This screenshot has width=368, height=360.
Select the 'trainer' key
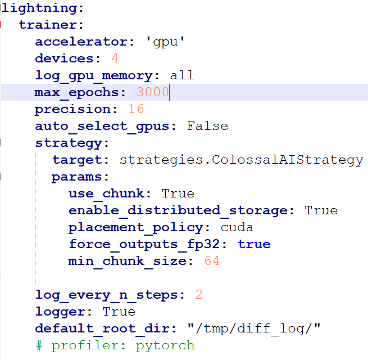coord(48,25)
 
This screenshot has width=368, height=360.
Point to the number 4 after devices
coord(115,58)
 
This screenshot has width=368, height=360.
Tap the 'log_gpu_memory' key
coord(93,75)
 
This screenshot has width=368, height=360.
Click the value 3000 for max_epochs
coord(152,92)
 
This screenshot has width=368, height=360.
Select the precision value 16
coord(136,109)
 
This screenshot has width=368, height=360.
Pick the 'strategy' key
coord(68,143)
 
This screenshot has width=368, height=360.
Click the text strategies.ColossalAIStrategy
coord(241,160)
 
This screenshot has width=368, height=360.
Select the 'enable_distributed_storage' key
coord(178,210)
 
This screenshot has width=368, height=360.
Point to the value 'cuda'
coord(237,227)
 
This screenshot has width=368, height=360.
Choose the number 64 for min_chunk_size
coord(212,261)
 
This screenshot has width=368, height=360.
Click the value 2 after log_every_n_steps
coord(199,295)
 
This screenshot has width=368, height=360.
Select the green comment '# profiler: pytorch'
coord(115,345)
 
